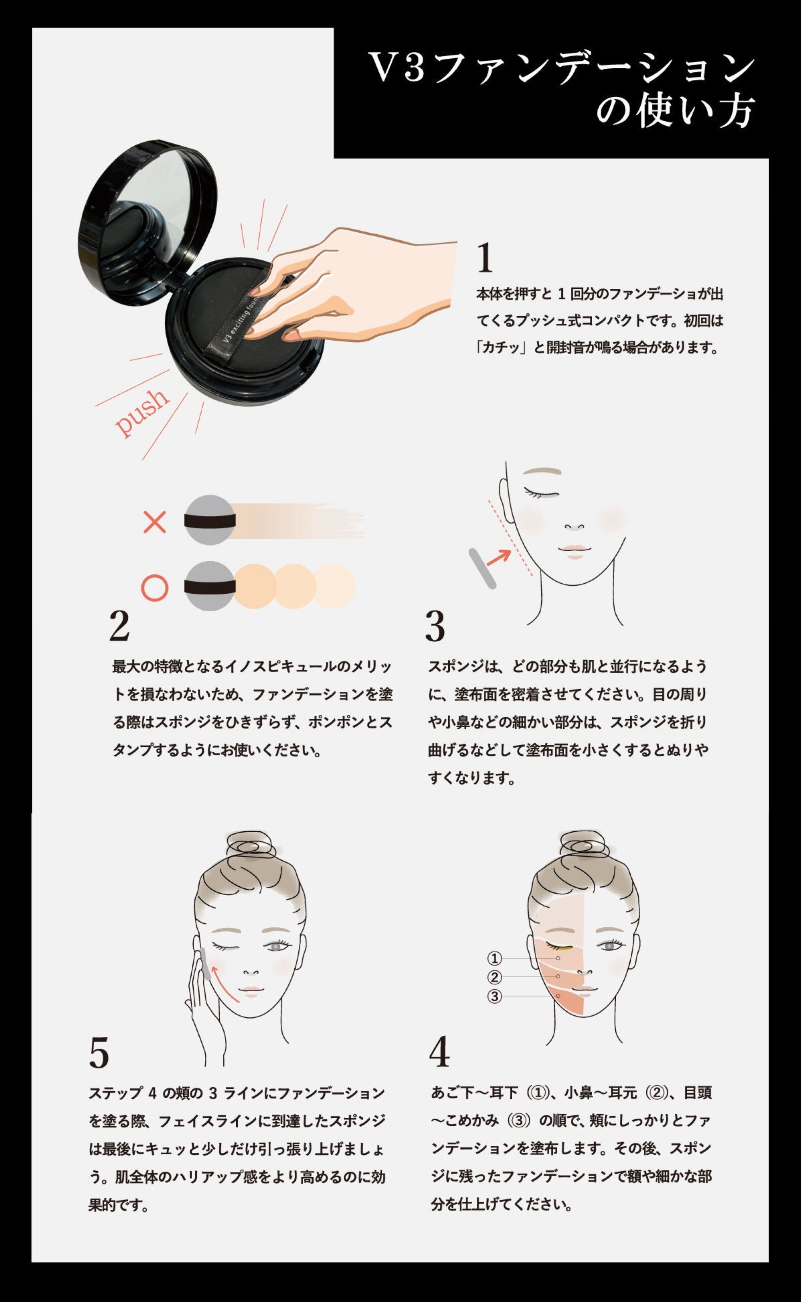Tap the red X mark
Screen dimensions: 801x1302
pyautogui.click(x=155, y=522)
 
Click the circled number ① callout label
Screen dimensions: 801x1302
pyautogui.click(x=494, y=958)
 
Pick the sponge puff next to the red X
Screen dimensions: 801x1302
pyautogui.click(x=210, y=520)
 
